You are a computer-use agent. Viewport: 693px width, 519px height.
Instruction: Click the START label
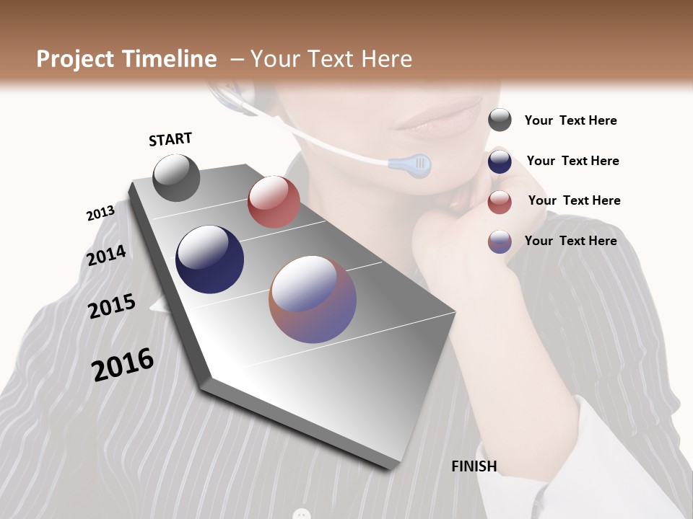pyautogui.click(x=170, y=139)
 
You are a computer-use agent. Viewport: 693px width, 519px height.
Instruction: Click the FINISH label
pyautogui.click(x=474, y=466)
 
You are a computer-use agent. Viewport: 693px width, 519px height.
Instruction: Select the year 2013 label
pyautogui.click(x=100, y=213)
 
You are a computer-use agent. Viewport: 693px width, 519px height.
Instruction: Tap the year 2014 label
pyautogui.click(x=107, y=255)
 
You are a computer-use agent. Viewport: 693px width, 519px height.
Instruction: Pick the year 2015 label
pyautogui.click(x=112, y=306)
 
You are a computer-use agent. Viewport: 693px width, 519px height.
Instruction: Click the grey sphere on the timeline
pyautogui.click(x=177, y=177)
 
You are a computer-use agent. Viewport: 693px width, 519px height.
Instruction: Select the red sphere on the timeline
pyautogui.click(x=274, y=201)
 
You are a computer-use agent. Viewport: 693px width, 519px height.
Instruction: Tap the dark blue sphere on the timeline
pyautogui.click(x=209, y=259)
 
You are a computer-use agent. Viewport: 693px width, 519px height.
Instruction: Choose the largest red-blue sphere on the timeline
pyautogui.click(x=313, y=299)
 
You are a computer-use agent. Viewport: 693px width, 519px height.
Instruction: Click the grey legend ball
pyautogui.click(x=500, y=120)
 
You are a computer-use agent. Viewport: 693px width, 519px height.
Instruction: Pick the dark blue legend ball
pyautogui.click(x=500, y=161)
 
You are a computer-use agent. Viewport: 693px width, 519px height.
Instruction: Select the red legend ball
pyautogui.click(x=500, y=202)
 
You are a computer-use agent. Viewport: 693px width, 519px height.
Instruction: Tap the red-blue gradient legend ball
pyautogui.click(x=500, y=241)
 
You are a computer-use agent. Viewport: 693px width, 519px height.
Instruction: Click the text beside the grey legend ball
pyautogui.click(x=570, y=120)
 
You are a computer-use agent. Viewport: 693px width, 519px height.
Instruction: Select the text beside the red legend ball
pyautogui.click(x=574, y=200)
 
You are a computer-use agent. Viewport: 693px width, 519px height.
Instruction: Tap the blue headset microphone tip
pyautogui.click(x=411, y=165)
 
